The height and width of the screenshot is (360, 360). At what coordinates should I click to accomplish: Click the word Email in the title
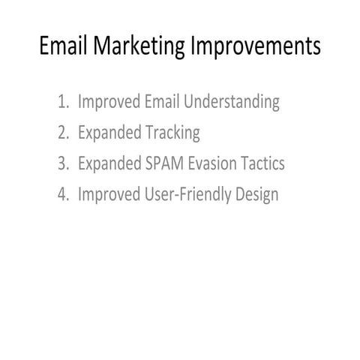[x=63, y=46]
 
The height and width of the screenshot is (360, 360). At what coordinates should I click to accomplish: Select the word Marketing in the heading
[x=136, y=46]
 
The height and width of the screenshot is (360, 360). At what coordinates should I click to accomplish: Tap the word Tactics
[x=262, y=163]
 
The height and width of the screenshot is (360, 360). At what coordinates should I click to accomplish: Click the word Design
[x=254, y=194]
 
